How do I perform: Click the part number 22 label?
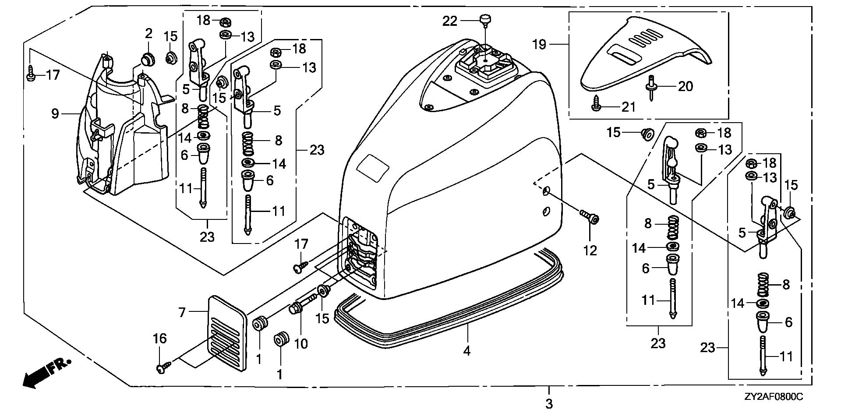pos(449,21)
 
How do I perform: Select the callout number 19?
pos(540,44)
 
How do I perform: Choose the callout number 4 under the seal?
pos(467,351)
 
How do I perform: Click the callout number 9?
pos(55,114)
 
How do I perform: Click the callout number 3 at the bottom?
pos(549,403)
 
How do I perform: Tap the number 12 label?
pos(590,251)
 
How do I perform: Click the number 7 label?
pos(182,312)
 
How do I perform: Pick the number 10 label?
pos(300,344)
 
